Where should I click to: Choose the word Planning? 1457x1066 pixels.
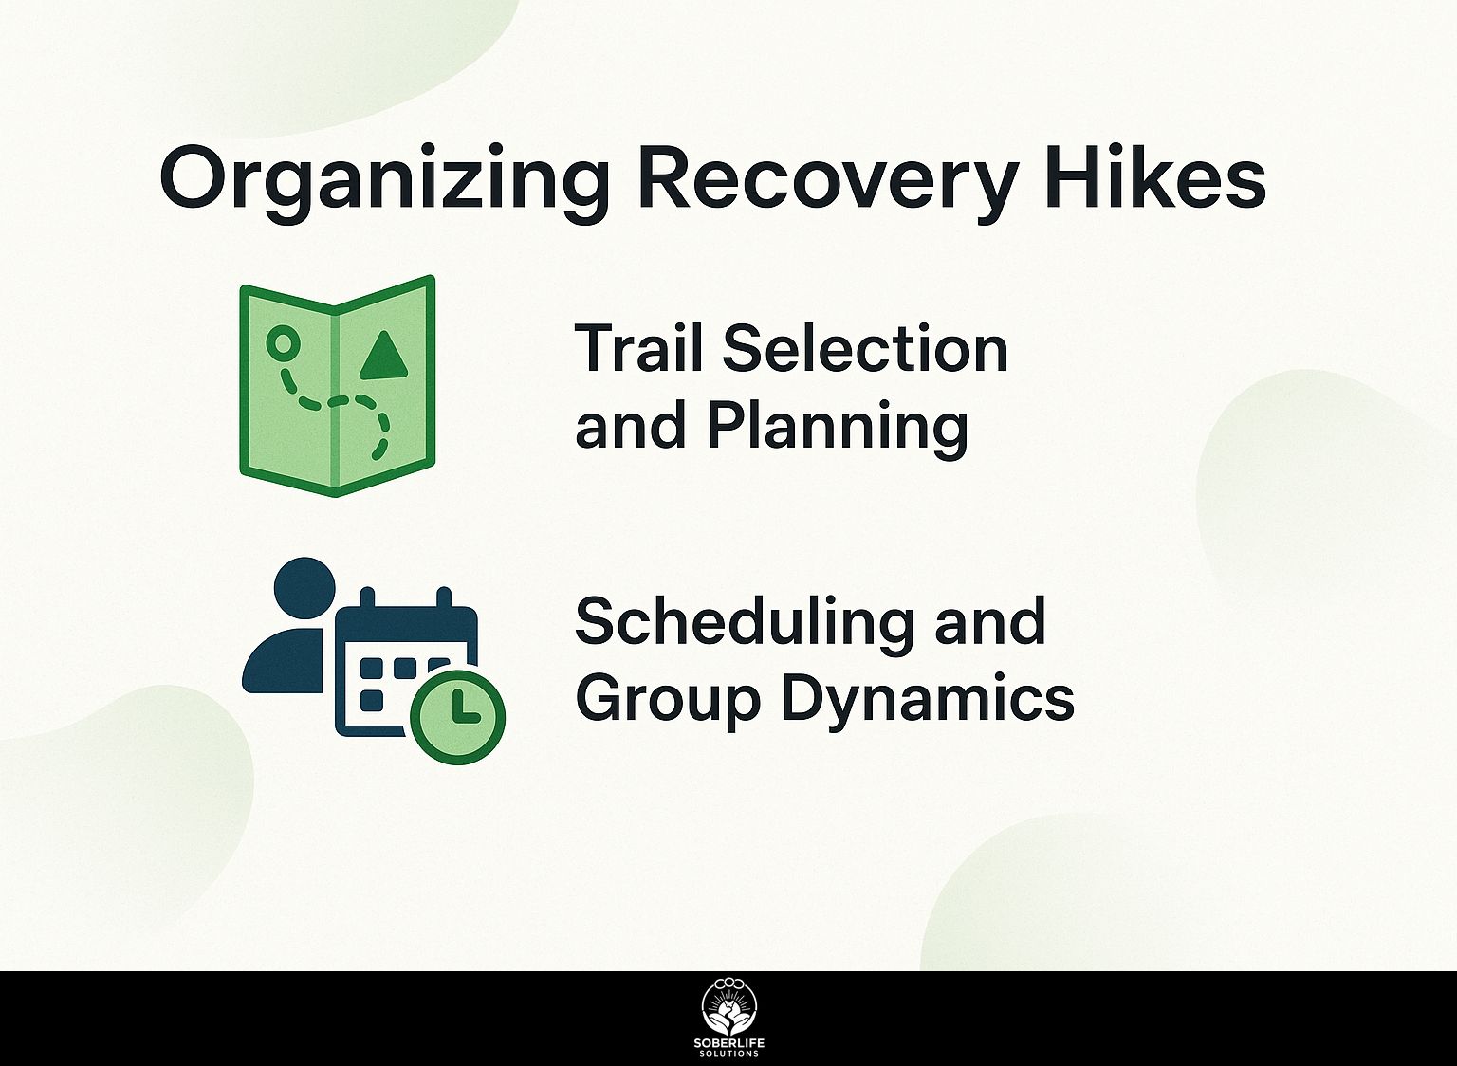click(x=838, y=427)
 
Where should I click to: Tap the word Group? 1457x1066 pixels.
click(x=668, y=700)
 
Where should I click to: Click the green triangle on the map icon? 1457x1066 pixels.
click(x=384, y=355)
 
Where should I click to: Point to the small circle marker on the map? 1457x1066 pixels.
click(x=283, y=342)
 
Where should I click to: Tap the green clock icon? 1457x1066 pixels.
click(x=458, y=717)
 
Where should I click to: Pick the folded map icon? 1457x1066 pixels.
click(x=337, y=386)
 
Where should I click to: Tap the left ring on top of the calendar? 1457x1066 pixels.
click(x=367, y=598)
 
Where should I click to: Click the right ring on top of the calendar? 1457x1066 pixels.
click(x=444, y=598)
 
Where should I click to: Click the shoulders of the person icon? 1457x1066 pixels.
click(x=283, y=661)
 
